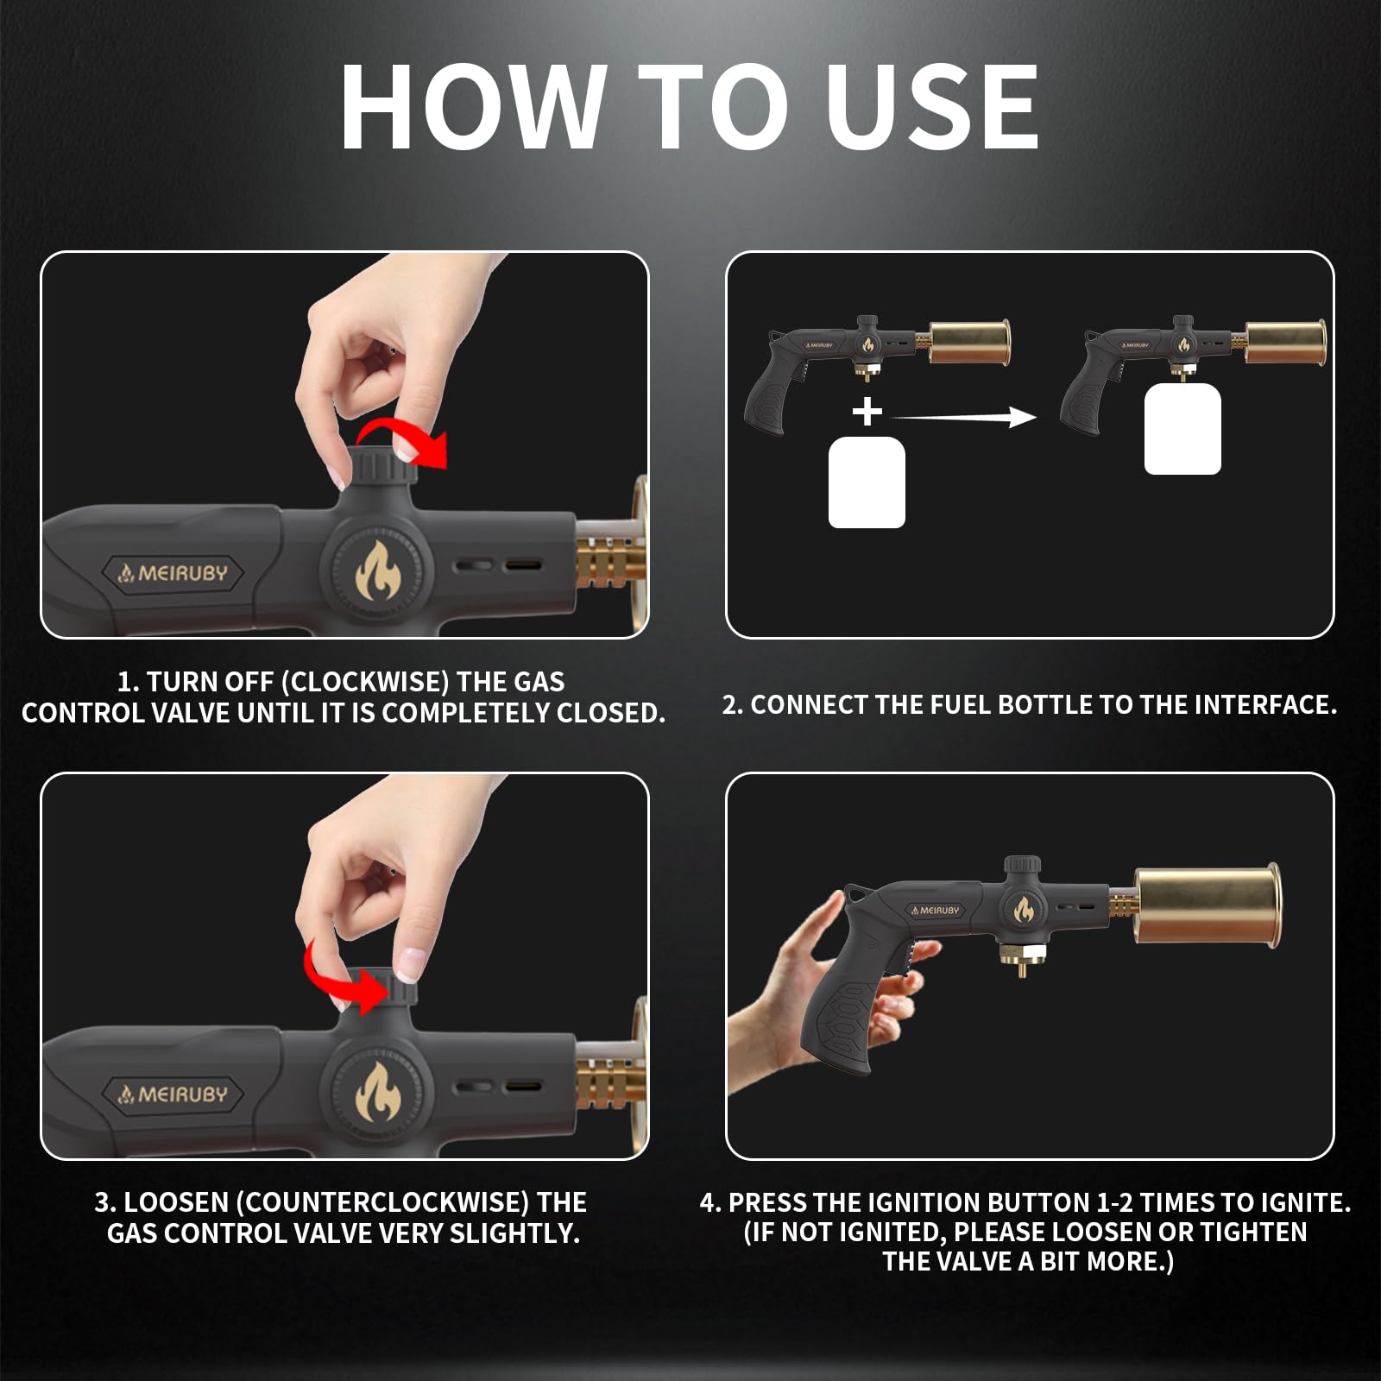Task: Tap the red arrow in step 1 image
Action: [x=406, y=443]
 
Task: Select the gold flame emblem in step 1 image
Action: [x=377, y=571]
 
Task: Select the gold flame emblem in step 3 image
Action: [x=377, y=1092]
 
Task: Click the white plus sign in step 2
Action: [x=867, y=412]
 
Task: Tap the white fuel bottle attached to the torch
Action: [x=1182, y=429]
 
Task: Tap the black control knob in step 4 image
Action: [x=1022, y=866]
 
